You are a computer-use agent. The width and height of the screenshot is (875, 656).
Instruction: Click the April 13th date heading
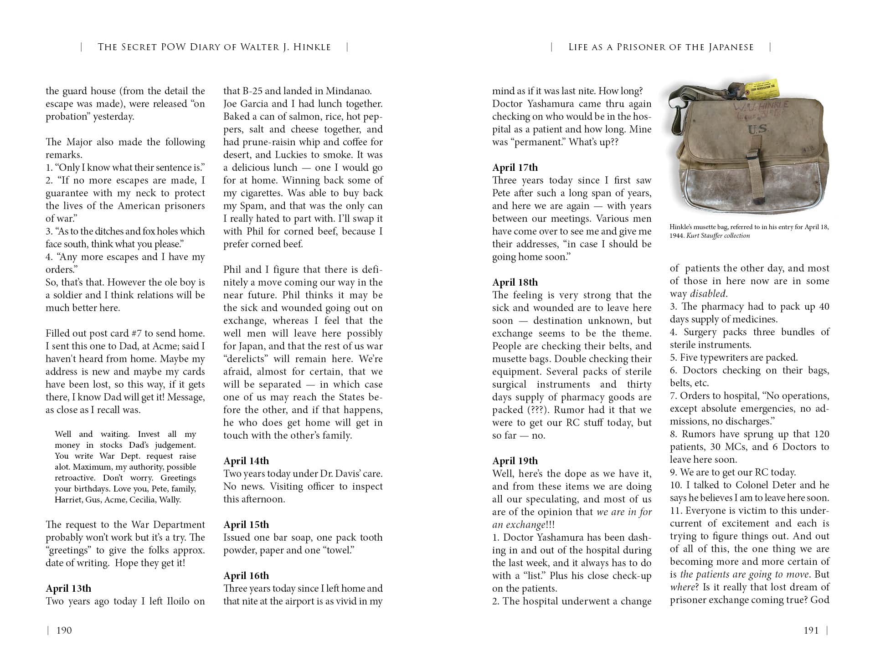click(68, 588)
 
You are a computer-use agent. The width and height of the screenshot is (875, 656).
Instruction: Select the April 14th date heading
click(246, 461)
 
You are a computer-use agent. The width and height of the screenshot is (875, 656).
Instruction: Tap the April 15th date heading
click(246, 524)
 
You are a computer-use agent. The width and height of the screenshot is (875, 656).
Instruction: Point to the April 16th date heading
click(246, 575)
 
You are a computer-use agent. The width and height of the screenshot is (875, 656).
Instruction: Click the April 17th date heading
click(515, 167)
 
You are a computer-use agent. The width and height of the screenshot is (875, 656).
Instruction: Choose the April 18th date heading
click(515, 282)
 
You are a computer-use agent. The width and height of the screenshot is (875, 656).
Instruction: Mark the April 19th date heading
click(515, 461)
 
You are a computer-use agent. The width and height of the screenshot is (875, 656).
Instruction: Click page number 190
click(64, 630)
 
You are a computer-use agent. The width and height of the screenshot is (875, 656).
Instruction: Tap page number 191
click(811, 630)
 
